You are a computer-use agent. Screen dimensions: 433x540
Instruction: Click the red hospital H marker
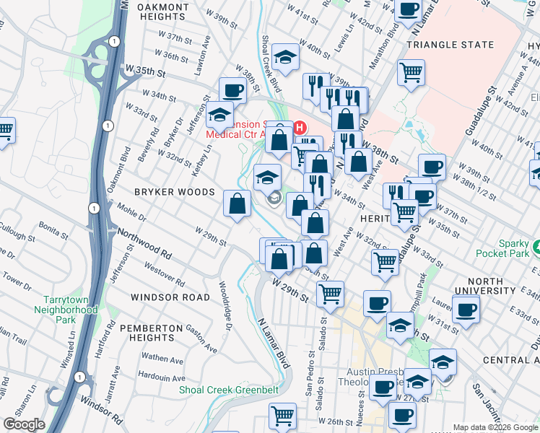pyautogui.click(x=300, y=128)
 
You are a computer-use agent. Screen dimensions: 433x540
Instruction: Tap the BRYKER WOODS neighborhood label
pyautogui.click(x=174, y=192)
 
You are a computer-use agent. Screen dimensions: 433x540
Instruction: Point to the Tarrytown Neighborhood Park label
pyautogui.click(x=66, y=309)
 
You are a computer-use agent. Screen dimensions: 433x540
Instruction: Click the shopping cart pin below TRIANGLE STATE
pyautogui.click(x=411, y=71)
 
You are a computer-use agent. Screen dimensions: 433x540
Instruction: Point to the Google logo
pyautogui.click(x=24, y=424)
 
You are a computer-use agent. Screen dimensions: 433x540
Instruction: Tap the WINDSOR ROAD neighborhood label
pyautogui.click(x=170, y=297)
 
